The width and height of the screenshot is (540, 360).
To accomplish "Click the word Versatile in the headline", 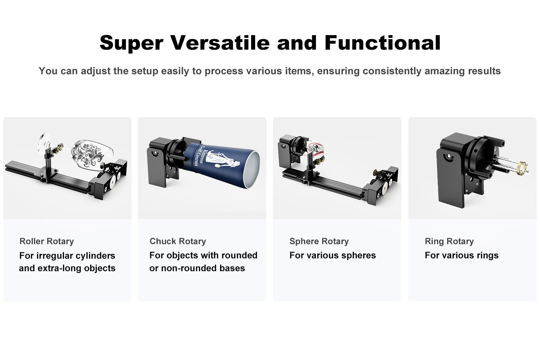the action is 220,43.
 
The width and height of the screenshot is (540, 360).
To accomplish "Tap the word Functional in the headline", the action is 383,43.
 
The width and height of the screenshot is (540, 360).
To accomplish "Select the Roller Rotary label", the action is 47,241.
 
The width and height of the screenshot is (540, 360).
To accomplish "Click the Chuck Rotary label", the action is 178,241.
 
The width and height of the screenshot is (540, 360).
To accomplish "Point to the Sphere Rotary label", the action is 319,241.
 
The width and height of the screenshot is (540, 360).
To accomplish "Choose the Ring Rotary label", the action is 449,241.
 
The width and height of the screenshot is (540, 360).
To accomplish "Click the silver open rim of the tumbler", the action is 252,169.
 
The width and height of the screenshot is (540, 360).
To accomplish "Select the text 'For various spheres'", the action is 332,255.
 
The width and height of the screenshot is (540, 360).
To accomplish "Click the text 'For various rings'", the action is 461,255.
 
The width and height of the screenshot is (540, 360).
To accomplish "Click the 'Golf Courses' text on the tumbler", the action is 196,156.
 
